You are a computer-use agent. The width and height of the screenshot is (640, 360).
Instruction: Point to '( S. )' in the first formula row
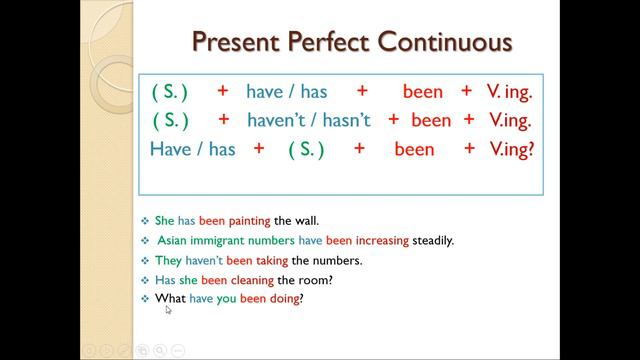[169, 91]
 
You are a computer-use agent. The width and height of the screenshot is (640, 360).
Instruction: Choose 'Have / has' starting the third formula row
[192, 149]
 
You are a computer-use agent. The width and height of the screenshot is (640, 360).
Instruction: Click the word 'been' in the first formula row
[422, 91]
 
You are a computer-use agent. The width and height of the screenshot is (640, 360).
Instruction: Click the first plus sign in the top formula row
[222, 91]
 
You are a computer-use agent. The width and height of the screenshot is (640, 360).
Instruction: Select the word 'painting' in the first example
[246, 220]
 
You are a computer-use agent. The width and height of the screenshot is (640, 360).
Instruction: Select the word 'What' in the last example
[170, 298]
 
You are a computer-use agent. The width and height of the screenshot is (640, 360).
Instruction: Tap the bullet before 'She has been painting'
[145, 220]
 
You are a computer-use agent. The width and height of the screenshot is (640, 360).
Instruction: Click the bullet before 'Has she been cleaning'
[145, 279]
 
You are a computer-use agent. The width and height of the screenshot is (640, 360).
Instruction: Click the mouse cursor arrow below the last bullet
[168, 310]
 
